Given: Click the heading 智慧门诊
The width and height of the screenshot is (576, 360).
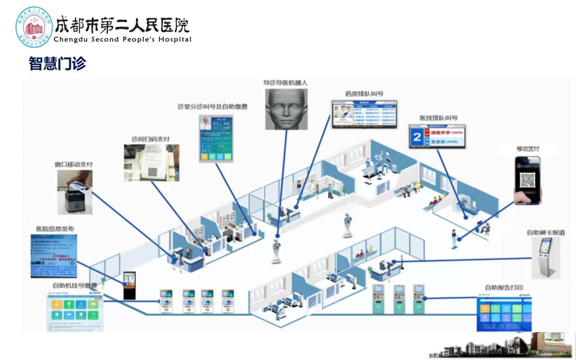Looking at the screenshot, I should [58, 63].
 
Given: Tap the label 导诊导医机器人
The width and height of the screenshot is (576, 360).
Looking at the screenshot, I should [285, 83].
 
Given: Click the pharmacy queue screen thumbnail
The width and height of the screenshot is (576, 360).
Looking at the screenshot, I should [365, 114].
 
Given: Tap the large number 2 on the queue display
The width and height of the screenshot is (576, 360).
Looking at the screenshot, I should [417, 137].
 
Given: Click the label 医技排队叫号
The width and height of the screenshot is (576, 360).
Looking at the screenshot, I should [438, 118].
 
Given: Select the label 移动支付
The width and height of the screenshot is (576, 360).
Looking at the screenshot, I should [528, 149].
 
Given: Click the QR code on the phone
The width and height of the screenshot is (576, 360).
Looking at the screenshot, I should [528, 180].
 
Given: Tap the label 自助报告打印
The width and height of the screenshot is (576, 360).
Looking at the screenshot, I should [504, 288].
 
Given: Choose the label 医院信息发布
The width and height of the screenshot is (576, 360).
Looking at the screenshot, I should [55, 229].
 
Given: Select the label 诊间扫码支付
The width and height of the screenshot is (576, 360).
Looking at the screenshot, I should [151, 139].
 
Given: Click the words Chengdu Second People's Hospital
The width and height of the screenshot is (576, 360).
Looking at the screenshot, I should [123, 39].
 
